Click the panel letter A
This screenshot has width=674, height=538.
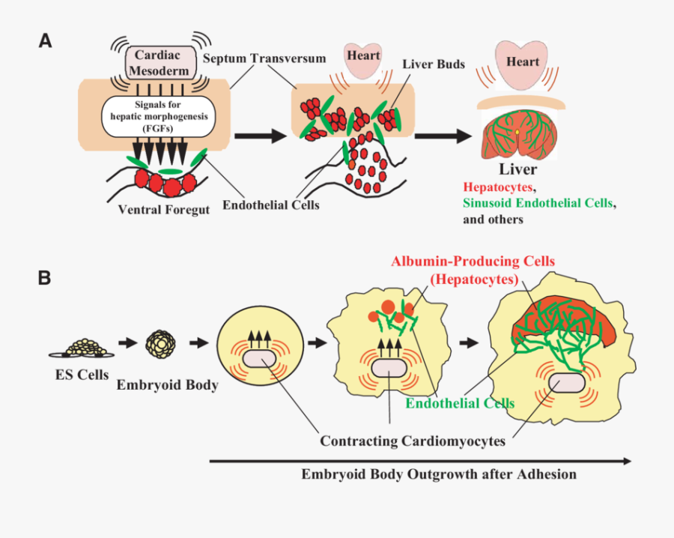[46, 41]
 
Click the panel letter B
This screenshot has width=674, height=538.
[45, 278]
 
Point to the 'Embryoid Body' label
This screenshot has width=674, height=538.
[167, 385]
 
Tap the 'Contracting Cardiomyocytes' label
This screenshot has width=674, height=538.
[413, 441]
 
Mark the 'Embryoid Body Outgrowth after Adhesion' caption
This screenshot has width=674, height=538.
[439, 474]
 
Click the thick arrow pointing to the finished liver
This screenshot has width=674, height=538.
[443, 136]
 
